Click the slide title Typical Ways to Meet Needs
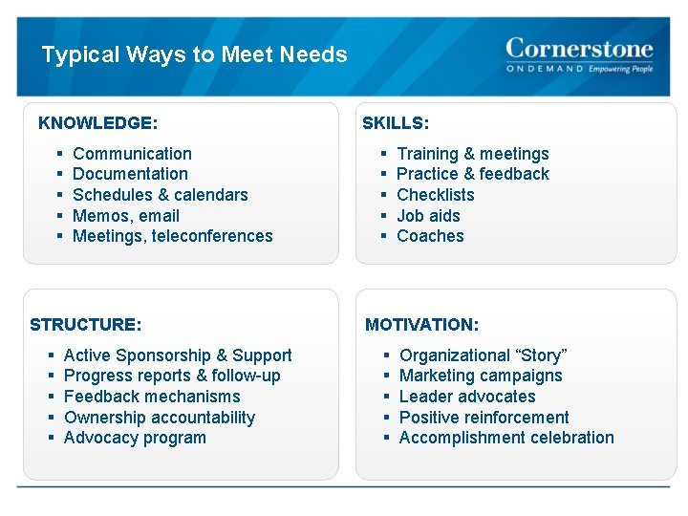pyautogui.click(x=194, y=54)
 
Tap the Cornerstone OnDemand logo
pyautogui.click(x=579, y=55)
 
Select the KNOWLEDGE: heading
pyautogui.click(x=97, y=123)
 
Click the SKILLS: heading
pyautogui.click(x=396, y=123)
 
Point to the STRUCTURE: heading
pyautogui.click(x=86, y=325)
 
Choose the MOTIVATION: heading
pyautogui.click(x=422, y=325)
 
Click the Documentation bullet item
pyautogui.click(x=130, y=174)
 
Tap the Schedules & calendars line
pyautogui.click(x=160, y=195)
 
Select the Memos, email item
pyautogui.click(x=126, y=216)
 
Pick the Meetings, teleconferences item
pyautogui.click(x=173, y=236)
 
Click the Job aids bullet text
pyautogui.click(x=428, y=216)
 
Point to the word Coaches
pyautogui.click(x=430, y=236)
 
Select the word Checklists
pyautogui.click(x=435, y=195)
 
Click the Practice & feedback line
pyautogui.click(x=473, y=174)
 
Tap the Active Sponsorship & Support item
pyautogui.click(x=178, y=355)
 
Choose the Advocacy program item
pyautogui.click(x=135, y=438)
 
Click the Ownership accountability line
pyautogui.click(x=160, y=418)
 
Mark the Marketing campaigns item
pyautogui.click(x=481, y=376)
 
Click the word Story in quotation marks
pyautogui.click(x=541, y=355)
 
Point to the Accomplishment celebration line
pyautogui.click(x=506, y=438)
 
